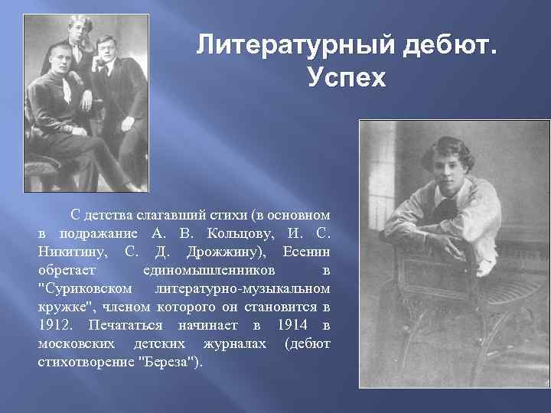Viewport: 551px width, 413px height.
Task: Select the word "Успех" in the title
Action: tap(346, 77)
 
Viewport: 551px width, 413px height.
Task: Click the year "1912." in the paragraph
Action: tap(55, 326)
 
